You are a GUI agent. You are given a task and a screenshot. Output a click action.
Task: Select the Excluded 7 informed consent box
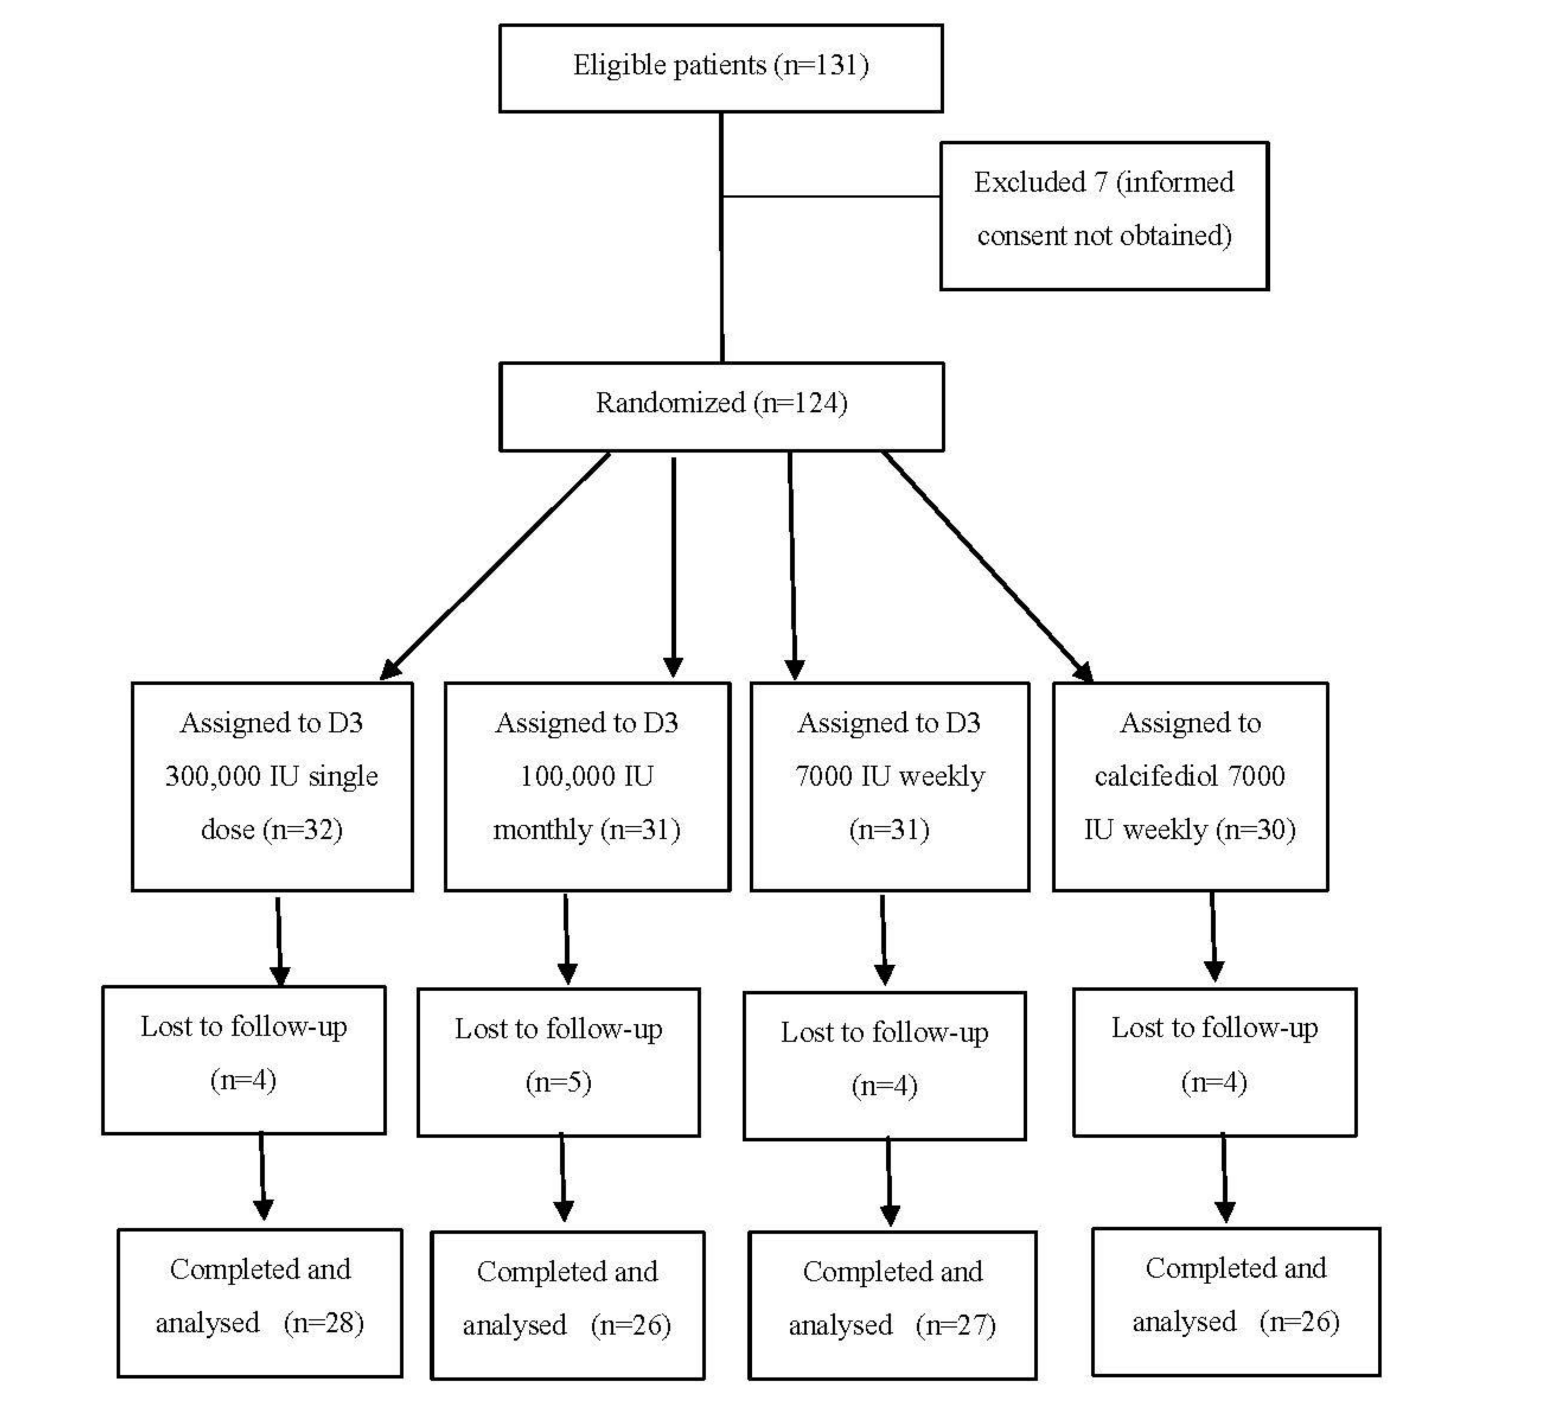(x=1104, y=216)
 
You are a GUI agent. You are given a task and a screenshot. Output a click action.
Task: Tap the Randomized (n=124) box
(x=721, y=406)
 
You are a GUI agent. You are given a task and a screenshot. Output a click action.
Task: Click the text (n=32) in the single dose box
(x=303, y=829)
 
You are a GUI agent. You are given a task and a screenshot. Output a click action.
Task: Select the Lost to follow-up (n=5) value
(x=558, y=1082)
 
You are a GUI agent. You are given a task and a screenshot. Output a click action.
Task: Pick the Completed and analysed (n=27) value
(x=956, y=1325)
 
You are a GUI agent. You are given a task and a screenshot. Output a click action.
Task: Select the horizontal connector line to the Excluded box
(x=831, y=197)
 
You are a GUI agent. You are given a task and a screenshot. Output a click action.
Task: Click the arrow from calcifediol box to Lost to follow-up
(x=1213, y=937)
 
